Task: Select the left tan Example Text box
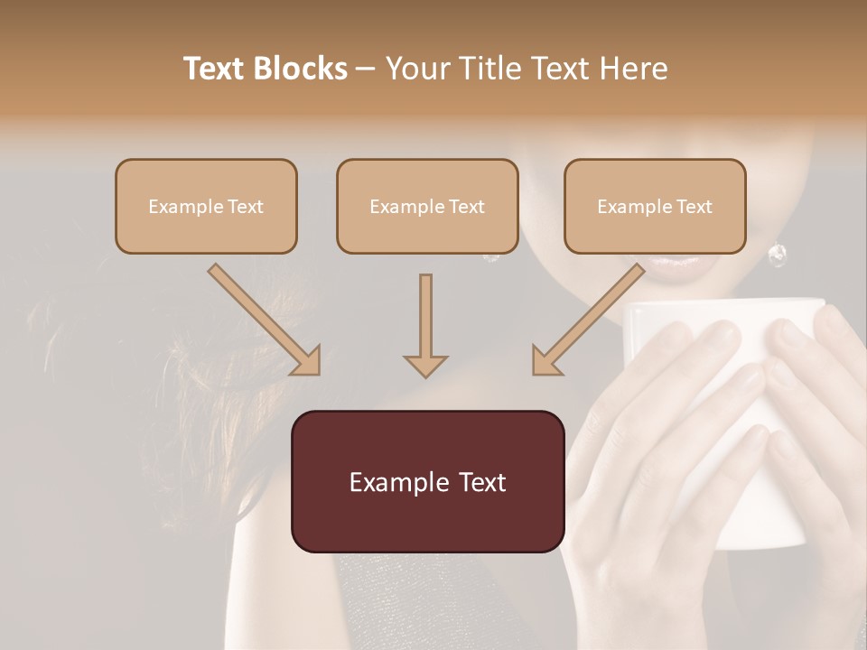point(206,206)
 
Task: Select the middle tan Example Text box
point(427,206)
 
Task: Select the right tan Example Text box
point(655,206)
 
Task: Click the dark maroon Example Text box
point(427,481)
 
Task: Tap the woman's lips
point(669,265)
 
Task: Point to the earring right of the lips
point(777,255)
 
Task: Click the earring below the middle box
point(491,256)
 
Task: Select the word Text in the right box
point(694,207)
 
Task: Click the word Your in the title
point(417,69)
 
